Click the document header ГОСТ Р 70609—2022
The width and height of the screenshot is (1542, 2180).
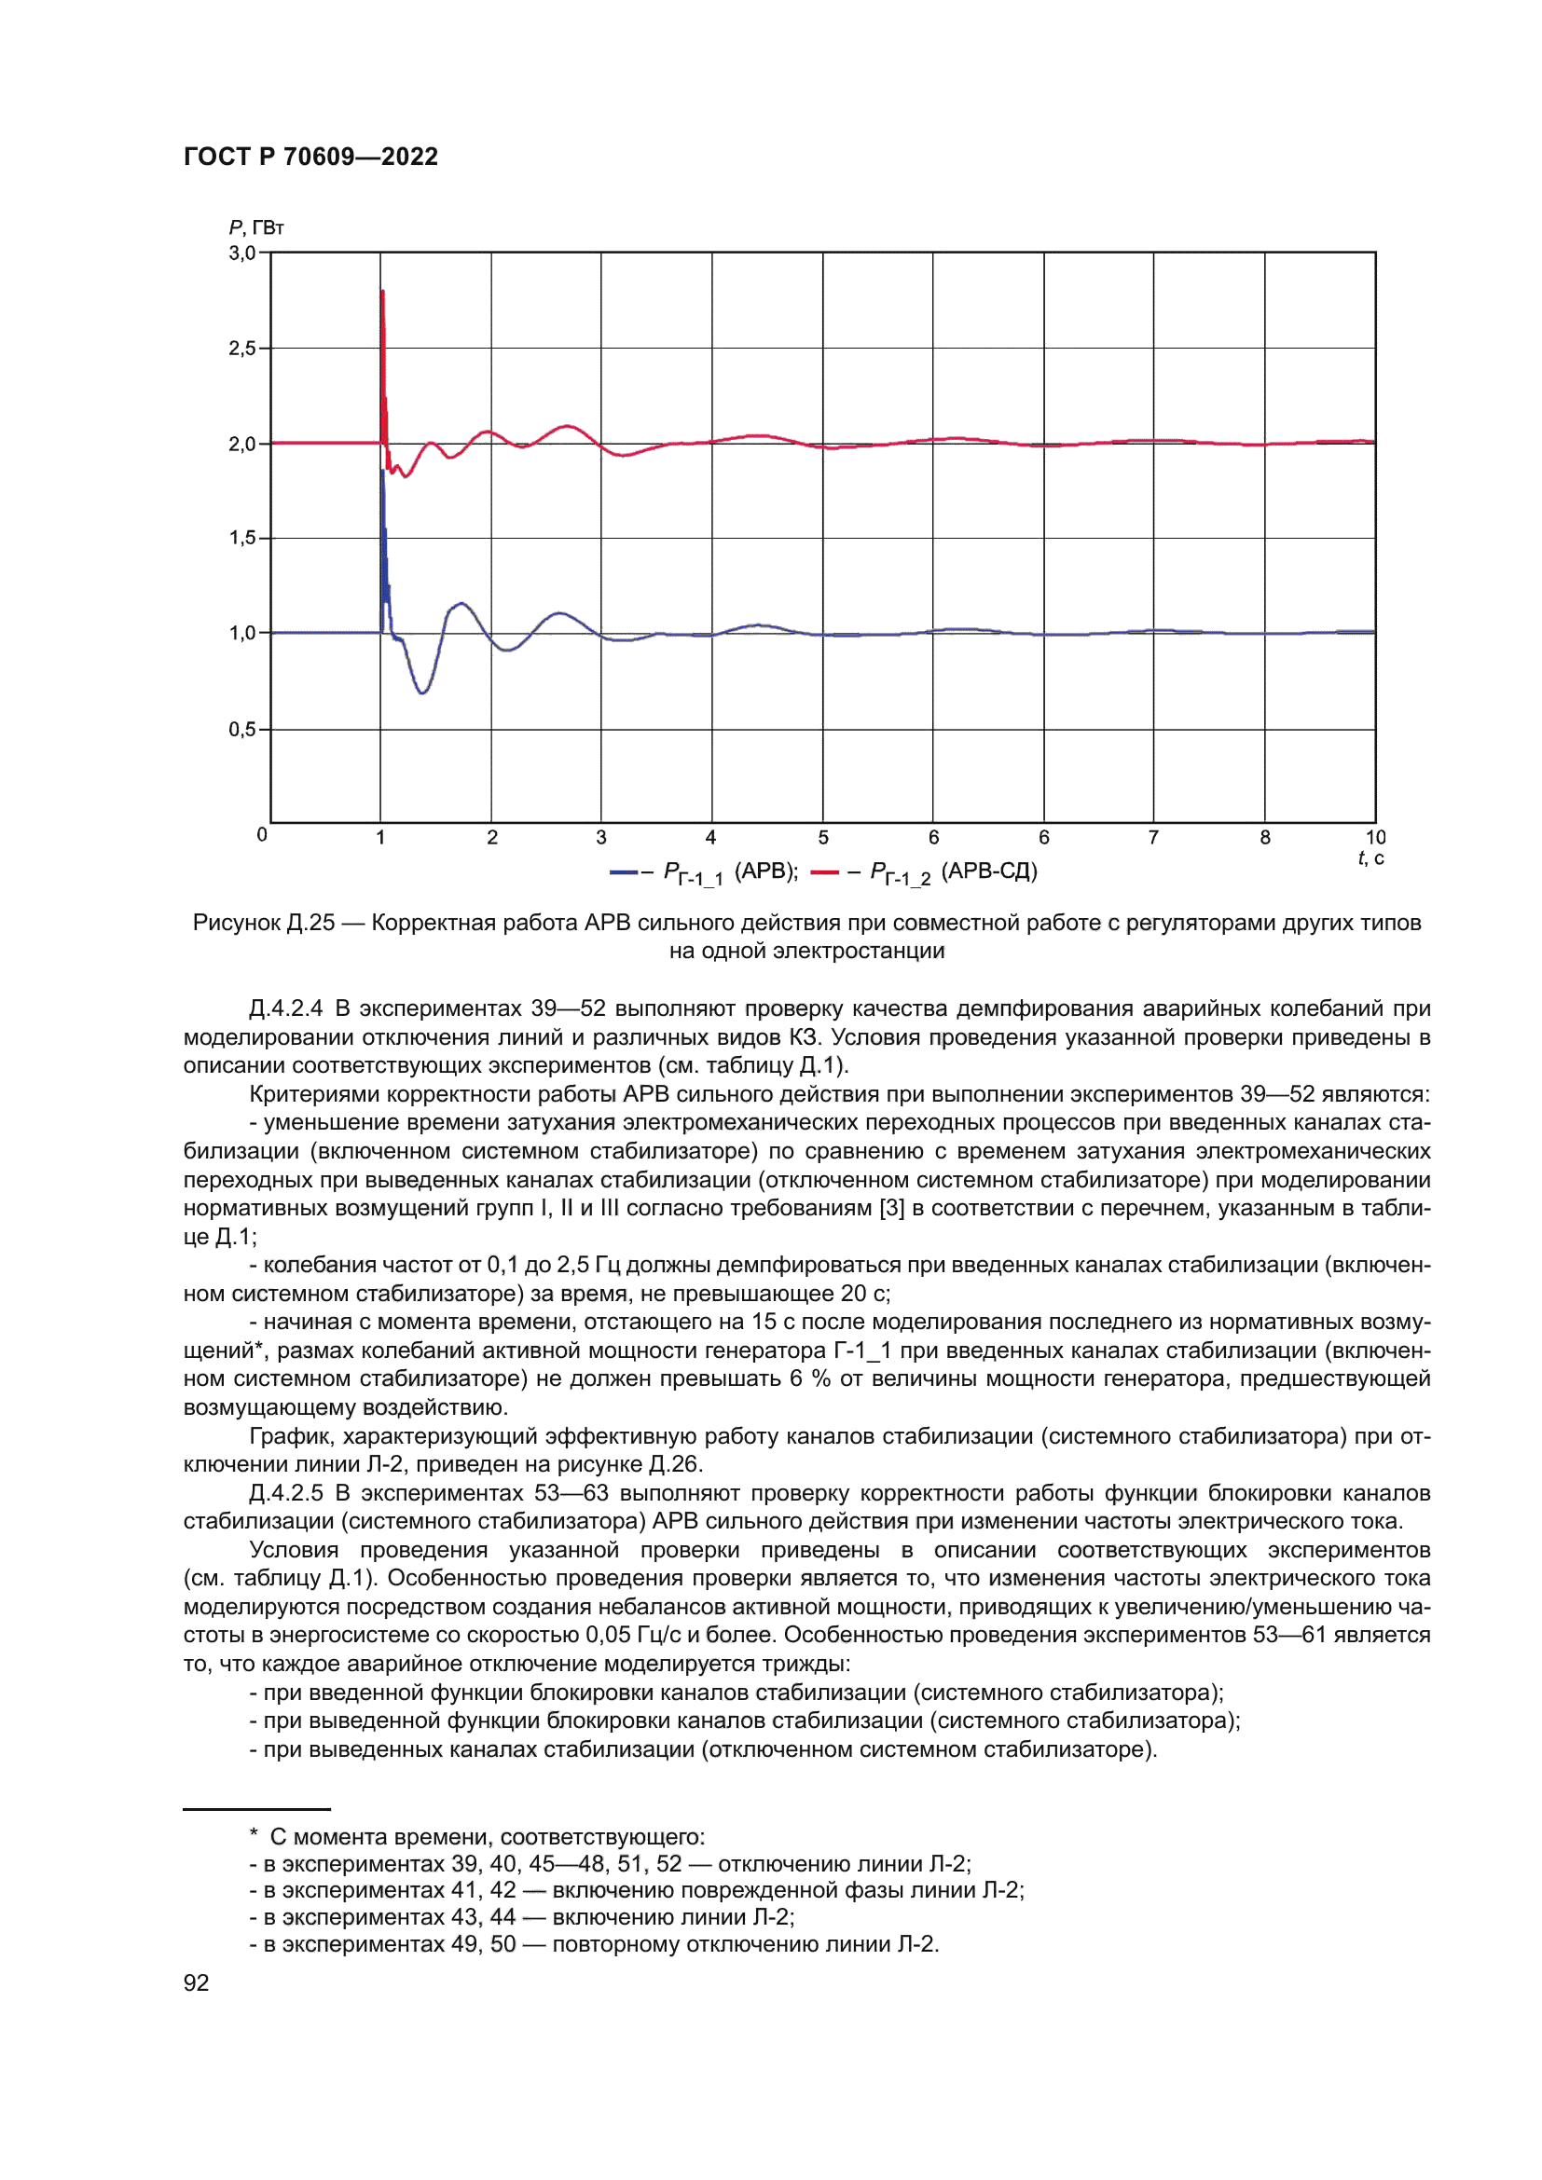[310, 157]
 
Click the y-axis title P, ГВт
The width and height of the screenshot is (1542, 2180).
[255, 227]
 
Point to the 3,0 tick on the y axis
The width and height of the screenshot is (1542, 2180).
[242, 254]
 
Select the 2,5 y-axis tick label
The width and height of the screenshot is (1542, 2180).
[242, 349]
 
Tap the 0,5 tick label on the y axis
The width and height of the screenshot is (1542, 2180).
[242, 729]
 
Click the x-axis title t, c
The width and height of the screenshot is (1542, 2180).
[1370, 858]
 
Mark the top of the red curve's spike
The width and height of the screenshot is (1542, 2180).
[381, 292]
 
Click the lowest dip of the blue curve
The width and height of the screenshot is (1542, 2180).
[422, 692]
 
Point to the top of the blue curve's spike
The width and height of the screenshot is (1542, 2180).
[382, 470]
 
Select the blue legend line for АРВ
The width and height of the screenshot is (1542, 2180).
[624, 871]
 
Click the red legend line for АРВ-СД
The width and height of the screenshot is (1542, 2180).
[825, 871]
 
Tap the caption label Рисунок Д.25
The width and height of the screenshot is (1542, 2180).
[263, 923]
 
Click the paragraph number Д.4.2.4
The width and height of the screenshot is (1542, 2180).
[285, 1008]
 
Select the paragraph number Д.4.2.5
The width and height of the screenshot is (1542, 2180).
[285, 1493]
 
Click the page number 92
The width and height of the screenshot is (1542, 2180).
[196, 1982]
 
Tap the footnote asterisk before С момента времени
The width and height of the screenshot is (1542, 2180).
[254, 1835]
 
